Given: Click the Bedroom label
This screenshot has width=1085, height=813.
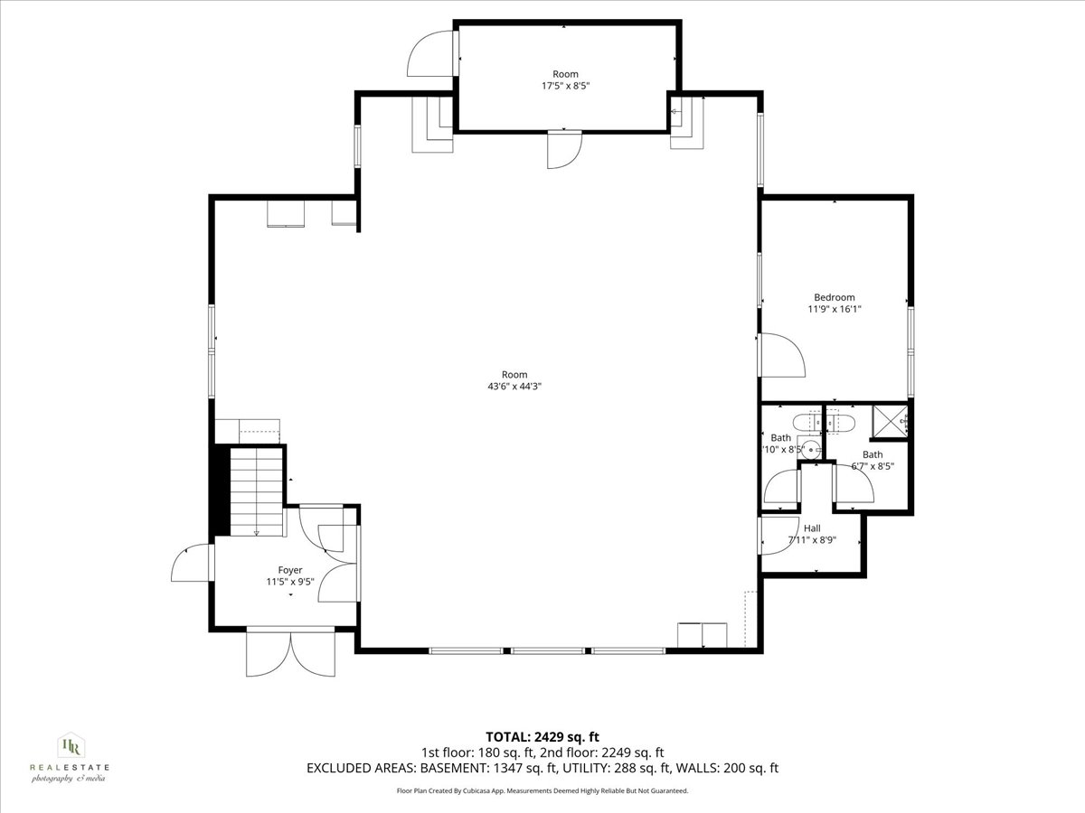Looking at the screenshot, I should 834,297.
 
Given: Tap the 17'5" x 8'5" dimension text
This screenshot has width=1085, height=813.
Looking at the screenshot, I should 565,86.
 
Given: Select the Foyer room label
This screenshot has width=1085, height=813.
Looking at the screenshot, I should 290,570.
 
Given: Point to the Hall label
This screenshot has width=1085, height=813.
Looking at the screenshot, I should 812,528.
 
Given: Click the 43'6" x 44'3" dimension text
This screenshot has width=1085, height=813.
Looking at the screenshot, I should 514,386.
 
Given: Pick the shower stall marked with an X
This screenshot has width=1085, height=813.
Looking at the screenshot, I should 890,422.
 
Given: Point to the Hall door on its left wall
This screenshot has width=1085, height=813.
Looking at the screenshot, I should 773,535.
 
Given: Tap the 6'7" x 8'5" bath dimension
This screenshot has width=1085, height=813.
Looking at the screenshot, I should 873,467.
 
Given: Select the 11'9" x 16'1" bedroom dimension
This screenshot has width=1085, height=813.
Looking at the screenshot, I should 834,309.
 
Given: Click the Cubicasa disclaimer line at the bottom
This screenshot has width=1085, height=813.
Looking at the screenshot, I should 542,790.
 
